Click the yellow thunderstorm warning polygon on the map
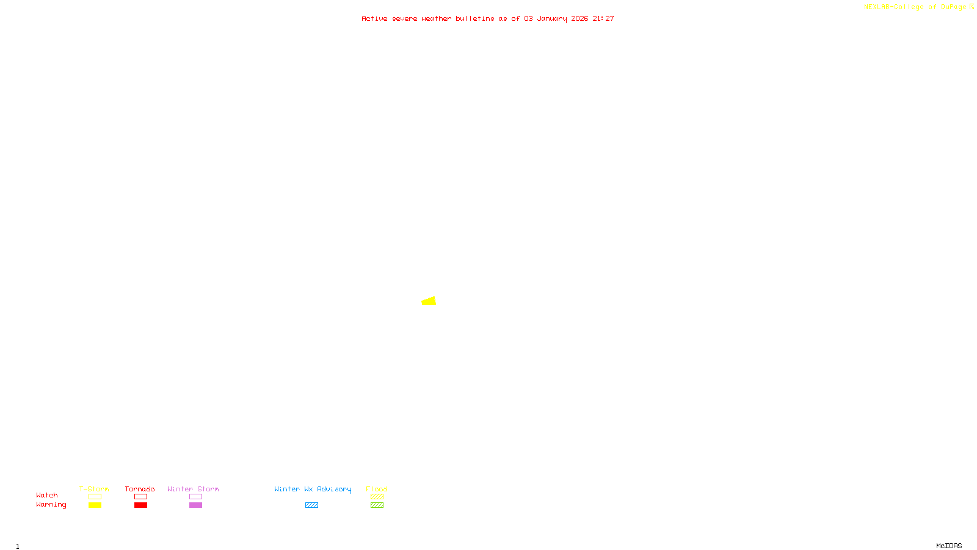coord(429,301)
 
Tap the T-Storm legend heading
coord(94,489)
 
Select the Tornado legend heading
coord(140,489)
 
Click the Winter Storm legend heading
coord(193,489)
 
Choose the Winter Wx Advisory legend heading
coord(313,489)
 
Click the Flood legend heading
coord(377,489)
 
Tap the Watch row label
coord(47,495)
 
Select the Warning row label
coord(51,505)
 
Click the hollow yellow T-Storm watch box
coord(95,497)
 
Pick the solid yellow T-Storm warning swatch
coord(95,505)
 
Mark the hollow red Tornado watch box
coord(140,497)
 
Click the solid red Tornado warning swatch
coord(140,505)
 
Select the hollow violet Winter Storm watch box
coord(195,497)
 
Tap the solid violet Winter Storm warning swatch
coord(195,505)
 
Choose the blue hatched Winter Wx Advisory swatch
coord(311,505)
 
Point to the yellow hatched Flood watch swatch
coord(377,497)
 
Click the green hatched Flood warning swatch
coord(377,505)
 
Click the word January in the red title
coord(552,19)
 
